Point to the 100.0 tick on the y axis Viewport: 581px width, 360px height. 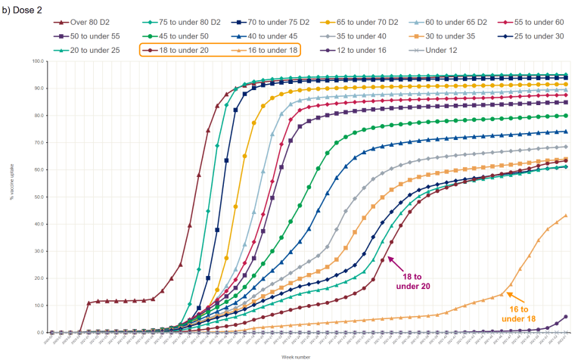point(39,61)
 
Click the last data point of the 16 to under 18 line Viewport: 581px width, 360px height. point(566,216)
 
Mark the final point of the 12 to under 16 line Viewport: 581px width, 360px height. point(566,317)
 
